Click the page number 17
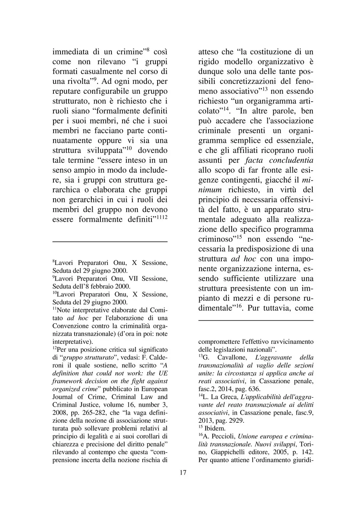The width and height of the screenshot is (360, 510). pyautogui.click(x=183, y=472)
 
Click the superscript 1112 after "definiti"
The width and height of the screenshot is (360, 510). pyautogui.click(x=162, y=217)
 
